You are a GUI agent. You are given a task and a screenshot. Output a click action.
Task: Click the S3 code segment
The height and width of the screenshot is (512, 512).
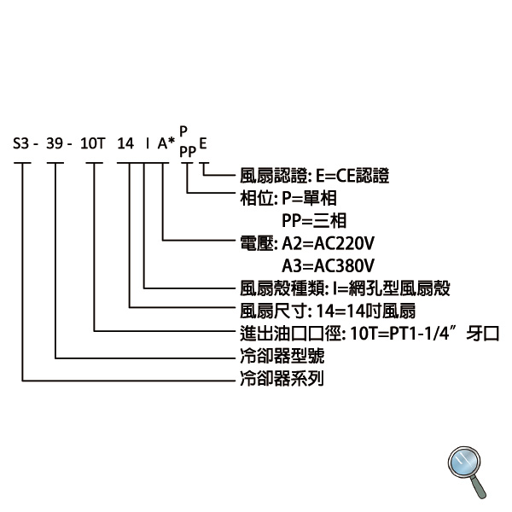click(x=21, y=143)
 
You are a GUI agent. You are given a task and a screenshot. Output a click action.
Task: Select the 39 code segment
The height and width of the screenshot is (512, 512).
click(x=55, y=143)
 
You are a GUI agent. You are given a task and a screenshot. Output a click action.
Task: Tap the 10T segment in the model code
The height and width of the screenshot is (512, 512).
click(x=93, y=143)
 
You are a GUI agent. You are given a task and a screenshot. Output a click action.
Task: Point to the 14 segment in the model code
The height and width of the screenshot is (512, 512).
click(x=125, y=143)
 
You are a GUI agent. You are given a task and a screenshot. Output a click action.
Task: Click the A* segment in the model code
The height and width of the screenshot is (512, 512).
click(x=166, y=143)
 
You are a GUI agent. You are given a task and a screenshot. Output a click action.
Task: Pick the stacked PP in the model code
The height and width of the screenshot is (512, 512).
click(x=188, y=152)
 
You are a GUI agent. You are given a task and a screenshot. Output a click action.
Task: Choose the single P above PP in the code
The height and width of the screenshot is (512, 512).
click(x=183, y=131)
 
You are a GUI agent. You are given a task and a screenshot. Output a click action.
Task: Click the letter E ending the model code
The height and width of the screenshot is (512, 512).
click(x=203, y=143)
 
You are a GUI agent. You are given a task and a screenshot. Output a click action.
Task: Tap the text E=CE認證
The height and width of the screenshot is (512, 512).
click(x=352, y=176)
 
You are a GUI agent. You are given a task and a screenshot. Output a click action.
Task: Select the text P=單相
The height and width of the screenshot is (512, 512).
click(x=309, y=198)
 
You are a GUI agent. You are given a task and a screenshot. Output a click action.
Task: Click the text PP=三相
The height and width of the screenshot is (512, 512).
click(x=314, y=220)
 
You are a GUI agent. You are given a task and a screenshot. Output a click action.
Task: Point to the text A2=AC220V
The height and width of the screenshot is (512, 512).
click(x=328, y=243)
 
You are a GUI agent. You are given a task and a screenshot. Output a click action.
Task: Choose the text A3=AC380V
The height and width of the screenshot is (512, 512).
click(x=328, y=265)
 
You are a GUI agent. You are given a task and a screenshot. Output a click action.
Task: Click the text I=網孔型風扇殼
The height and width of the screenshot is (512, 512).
click(x=392, y=288)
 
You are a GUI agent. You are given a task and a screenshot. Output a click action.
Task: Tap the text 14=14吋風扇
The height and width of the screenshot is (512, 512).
click(x=366, y=311)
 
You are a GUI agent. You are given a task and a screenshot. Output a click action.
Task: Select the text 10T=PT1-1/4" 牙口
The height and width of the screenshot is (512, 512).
click(x=425, y=334)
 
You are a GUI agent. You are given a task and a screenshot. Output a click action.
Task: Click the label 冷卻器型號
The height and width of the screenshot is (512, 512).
click(x=282, y=356)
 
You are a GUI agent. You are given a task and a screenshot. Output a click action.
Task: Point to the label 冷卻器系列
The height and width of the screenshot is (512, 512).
click(x=282, y=378)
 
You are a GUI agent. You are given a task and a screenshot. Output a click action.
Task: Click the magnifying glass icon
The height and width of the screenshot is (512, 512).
click(x=467, y=472)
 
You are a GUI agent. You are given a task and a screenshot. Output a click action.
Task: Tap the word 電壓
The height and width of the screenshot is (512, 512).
click(x=256, y=243)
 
